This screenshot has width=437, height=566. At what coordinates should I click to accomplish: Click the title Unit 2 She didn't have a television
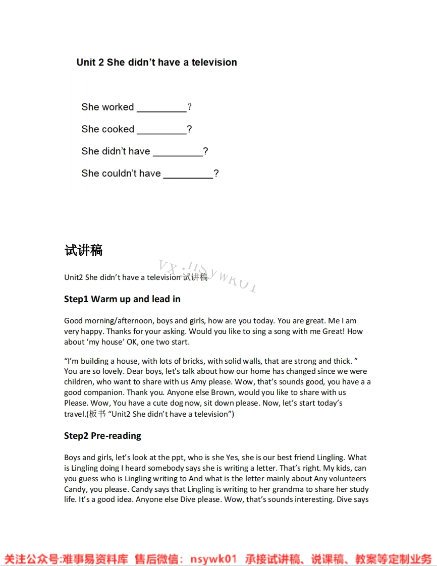156,63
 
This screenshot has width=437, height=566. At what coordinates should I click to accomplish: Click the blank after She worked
161,108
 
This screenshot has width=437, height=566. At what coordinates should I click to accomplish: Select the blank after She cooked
161,130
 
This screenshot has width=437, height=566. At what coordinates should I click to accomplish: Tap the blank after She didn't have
178,152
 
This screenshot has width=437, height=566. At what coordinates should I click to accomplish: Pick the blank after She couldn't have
188,175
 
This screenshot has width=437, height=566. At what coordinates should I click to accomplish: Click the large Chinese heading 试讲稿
83,250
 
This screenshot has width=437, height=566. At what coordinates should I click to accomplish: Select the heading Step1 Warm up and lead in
122,299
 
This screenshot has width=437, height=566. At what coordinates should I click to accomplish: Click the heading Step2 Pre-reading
102,436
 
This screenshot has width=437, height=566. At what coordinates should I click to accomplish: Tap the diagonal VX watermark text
207,276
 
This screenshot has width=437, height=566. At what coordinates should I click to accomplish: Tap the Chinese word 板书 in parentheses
97,414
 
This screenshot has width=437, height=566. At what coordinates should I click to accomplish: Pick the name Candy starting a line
75,489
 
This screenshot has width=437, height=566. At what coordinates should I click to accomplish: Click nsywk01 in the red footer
213,559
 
